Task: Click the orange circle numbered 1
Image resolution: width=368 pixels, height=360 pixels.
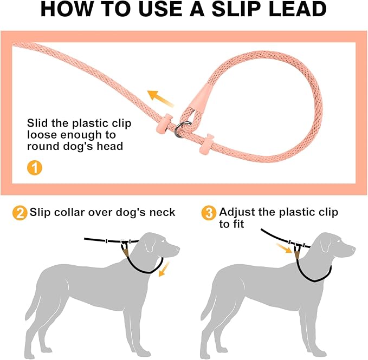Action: [x=34, y=167]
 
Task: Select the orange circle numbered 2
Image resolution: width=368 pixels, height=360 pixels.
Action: [x=20, y=213]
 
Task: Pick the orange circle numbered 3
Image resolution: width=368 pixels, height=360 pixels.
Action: [x=208, y=213]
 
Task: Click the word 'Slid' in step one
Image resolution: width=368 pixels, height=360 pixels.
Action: [x=39, y=123]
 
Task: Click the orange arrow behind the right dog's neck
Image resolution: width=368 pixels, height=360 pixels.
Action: [x=282, y=248]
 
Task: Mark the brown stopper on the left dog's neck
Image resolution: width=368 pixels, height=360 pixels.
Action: [x=125, y=248]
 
